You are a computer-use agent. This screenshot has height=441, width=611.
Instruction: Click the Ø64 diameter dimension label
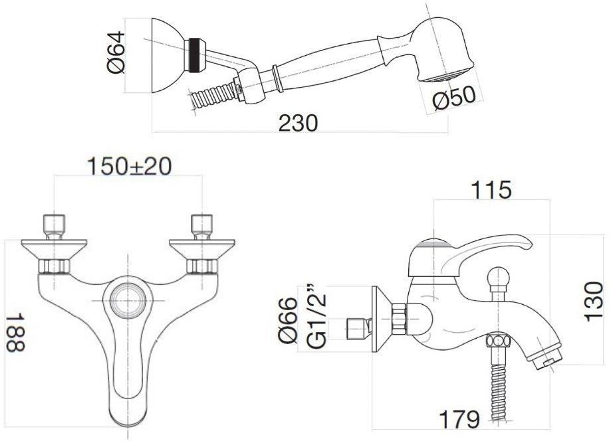(x=116, y=52)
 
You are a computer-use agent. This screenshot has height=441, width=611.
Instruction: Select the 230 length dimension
(x=299, y=123)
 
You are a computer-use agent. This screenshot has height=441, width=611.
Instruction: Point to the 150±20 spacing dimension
(x=129, y=167)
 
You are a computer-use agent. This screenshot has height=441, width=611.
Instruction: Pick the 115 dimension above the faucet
(x=491, y=191)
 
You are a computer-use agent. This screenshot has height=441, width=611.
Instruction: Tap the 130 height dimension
(x=594, y=302)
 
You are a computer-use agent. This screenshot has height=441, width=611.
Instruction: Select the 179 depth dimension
(x=459, y=420)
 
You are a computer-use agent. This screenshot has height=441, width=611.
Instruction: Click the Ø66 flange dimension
(x=289, y=320)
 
